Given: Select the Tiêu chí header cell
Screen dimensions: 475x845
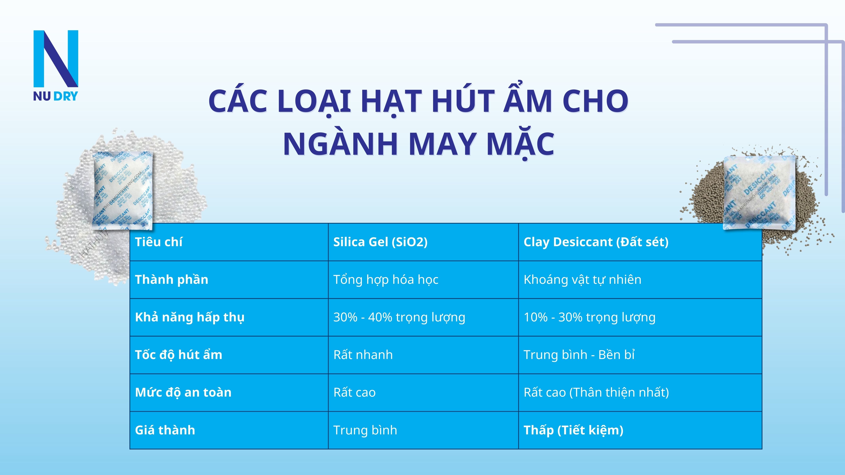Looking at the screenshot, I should pos(159,242).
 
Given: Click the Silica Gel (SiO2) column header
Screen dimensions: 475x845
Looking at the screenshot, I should pos(380,242).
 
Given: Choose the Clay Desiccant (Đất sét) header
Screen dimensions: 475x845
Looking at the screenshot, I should pos(596,242).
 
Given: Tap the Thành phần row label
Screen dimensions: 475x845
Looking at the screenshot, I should pos(172,279).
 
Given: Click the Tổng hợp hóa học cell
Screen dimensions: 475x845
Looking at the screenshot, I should pos(386,279).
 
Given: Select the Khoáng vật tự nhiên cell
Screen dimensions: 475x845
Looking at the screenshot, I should pos(582,279).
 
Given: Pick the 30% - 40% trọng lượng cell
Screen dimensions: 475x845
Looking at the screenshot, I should pos(399,317).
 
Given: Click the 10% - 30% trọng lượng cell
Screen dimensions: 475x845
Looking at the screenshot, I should pos(589,317).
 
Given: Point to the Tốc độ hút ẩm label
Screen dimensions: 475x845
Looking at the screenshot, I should pos(179,355).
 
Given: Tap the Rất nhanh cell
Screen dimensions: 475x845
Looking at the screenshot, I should pos(363,355).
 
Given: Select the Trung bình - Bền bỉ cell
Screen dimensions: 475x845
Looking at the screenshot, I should pos(579,355).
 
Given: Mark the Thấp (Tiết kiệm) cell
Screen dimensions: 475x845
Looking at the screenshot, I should pos(573,430).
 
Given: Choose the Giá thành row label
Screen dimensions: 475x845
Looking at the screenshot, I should pos(165,430).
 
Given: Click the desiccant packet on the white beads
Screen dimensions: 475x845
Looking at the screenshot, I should pos(123,190).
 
